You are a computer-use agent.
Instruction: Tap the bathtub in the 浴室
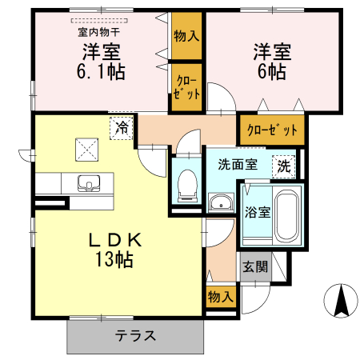(286, 216)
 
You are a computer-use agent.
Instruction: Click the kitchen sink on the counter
(89, 183)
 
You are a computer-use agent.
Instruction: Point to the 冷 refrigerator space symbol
(122, 128)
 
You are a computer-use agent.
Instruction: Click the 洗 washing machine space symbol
(284, 167)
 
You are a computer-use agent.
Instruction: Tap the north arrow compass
(341, 301)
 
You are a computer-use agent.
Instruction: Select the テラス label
(135, 336)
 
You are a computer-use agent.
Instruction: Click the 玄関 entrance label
(255, 266)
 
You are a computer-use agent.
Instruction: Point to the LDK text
(114, 240)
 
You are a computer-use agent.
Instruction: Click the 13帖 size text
(114, 259)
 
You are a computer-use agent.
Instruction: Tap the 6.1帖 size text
(101, 71)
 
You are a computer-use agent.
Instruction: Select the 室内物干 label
(99, 33)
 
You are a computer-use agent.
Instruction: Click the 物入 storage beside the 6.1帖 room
(186, 36)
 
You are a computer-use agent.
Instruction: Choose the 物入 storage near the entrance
(221, 297)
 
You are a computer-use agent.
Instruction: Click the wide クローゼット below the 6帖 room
(272, 130)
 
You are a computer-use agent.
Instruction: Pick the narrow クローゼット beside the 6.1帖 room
(186, 87)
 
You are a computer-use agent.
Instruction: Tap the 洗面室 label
(238, 164)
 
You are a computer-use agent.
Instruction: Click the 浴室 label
(258, 212)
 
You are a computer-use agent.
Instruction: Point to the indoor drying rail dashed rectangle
(99, 20)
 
